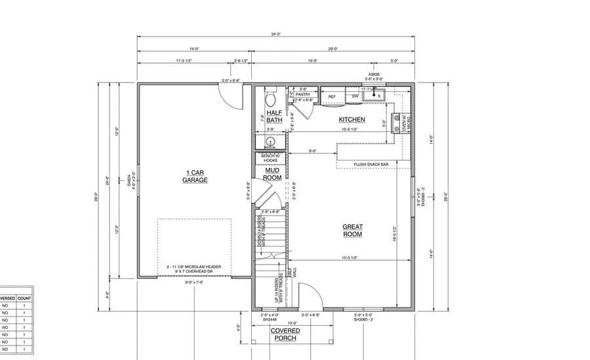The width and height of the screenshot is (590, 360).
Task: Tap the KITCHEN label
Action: (x=351, y=120)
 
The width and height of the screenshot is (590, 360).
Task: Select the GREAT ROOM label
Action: (x=352, y=231)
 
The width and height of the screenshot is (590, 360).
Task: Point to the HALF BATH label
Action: (x=274, y=117)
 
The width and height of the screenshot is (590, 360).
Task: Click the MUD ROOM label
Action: (x=272, y=174)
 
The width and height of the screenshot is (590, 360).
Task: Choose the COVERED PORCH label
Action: (x=285, y=334)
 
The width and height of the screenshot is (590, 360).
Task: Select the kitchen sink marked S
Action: (x=378, y=96)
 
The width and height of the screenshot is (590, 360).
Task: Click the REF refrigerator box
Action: (x=332, y=96)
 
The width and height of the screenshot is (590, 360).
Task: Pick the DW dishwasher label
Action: (x=355, y=96)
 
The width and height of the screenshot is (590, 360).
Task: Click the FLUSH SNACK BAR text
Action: (x=370, y=164)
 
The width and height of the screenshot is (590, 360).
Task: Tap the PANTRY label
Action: (x=303, y=94)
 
